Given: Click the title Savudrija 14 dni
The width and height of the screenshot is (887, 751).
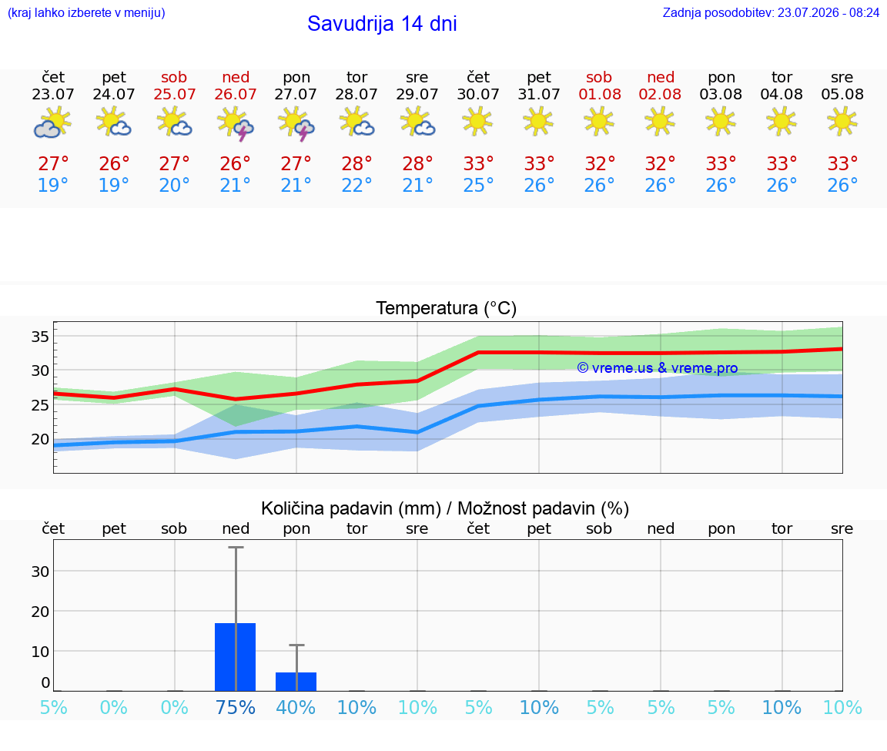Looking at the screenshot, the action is click(x=382, y=24).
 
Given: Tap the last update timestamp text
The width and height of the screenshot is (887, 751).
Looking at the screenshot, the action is click(x=771, y=12).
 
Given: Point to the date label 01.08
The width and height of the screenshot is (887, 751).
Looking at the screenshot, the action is click(x=600, y=94).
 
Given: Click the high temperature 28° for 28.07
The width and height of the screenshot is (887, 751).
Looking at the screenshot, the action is click(x=356, y=163).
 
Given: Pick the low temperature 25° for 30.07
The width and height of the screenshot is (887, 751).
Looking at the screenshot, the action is click(x=478, y=185).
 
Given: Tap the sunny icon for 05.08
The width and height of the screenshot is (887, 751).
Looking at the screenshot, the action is click(x=842, y=122).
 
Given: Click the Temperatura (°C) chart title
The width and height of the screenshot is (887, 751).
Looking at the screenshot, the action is click(x=447, y=308).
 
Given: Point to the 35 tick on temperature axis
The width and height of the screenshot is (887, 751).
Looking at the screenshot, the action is click(x=39, y=337).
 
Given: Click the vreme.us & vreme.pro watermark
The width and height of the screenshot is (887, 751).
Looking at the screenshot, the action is click(x=658, y=368).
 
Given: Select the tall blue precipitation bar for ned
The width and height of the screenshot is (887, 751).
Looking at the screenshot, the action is click(x=236, y=657).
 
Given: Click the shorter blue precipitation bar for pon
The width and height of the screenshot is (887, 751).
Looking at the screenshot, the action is click(x=296, y=682).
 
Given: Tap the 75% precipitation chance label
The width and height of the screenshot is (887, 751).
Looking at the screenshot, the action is click(x=236, y=707).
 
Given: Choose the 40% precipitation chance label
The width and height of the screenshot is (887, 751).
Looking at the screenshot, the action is click(x=296, y=707).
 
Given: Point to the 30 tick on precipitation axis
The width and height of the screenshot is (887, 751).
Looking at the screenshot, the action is click(x=40, y=572).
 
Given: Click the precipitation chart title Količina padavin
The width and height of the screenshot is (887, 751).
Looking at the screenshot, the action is click(x=351, y=508).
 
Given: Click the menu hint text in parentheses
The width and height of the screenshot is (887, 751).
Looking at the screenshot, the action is click(x=86, y=12).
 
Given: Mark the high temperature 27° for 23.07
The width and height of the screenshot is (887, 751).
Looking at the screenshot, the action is click(x=53, y=163).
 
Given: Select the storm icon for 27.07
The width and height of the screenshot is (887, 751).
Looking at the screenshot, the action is click(x=296, y=125).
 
